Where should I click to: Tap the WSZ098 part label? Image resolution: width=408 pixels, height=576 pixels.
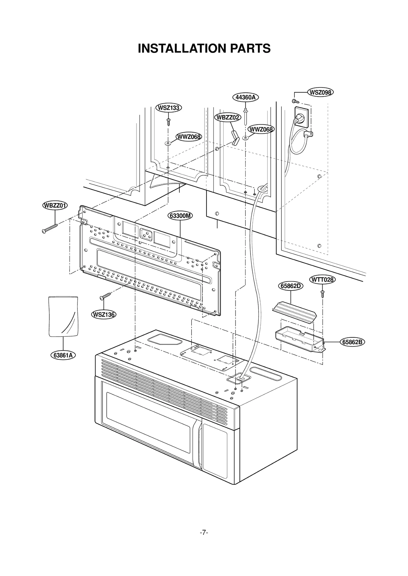tap(320, 92)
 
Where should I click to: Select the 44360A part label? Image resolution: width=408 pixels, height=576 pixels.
tap(245, 97)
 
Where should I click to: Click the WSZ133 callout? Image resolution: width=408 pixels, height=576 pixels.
tap(169, 108)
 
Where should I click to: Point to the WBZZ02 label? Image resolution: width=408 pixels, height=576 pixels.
tap(227, 117)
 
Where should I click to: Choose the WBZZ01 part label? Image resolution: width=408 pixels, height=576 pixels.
tap(55, 205)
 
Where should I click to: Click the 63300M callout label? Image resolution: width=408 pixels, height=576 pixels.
tap(180, 216)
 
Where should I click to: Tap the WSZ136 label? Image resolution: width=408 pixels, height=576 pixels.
tap(104, 315)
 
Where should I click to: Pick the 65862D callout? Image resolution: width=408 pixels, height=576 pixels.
tap(290, 286)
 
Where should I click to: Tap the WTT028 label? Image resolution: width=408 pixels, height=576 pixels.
tap(322, 280)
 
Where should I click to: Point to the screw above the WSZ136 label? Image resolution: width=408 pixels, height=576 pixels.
tap(106, 296)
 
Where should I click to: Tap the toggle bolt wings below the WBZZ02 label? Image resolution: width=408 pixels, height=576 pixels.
tap(234, 138)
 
